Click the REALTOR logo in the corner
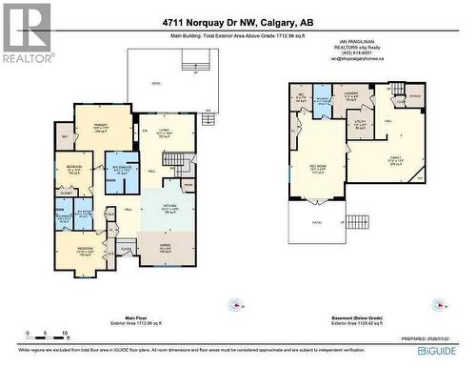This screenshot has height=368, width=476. [27, 32]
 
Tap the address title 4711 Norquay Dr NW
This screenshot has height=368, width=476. [238, 22]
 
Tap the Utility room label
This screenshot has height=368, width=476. [360, 124]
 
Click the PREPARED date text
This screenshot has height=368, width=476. [434, 335]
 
